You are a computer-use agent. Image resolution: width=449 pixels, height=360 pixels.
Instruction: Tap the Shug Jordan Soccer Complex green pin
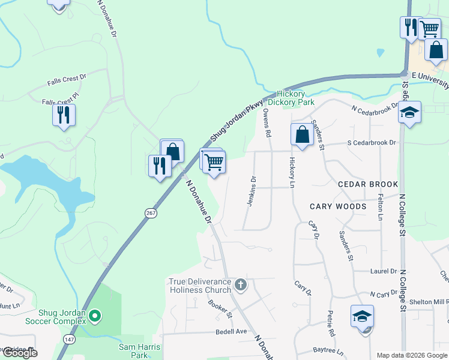[x=94, y=315]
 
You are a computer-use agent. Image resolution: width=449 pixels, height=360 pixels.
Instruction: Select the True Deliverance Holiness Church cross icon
[x=241, y=284]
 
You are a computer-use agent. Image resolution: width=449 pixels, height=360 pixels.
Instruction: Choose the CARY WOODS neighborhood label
[x=338, y=206]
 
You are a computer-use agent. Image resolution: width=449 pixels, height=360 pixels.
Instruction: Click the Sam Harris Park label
[x=139, y=351]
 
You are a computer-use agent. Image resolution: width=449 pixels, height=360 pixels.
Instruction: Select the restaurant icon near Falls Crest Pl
[x=64, y=114]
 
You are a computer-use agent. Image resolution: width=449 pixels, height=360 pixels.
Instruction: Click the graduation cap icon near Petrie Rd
[x=363, y=316]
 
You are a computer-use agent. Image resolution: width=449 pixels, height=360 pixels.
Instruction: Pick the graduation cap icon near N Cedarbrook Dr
[x=410, y=112]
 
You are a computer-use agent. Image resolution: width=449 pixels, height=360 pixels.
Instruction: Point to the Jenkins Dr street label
[x=253, y=191]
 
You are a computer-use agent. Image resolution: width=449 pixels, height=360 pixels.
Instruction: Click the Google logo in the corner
[x=19, y=353]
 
